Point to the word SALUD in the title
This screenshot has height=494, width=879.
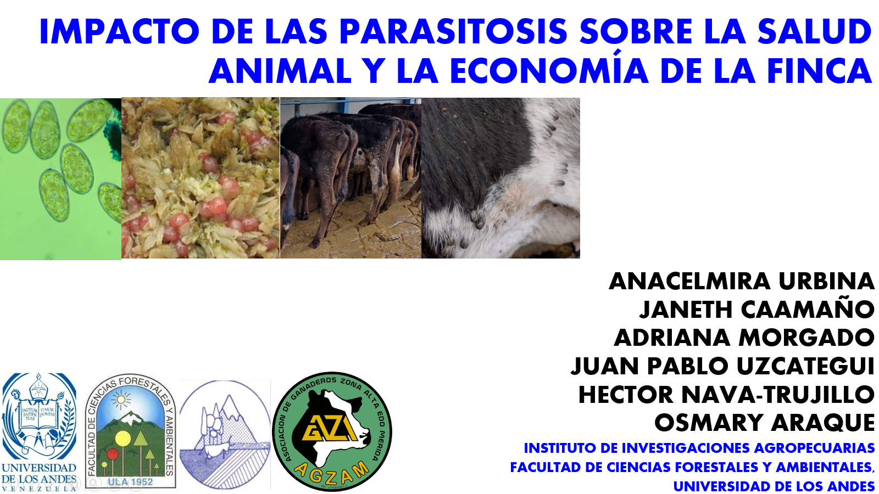tap(814, 31)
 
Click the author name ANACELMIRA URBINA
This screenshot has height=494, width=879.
tap(742, 281)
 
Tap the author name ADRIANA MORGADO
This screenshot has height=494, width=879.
tap(744, 338)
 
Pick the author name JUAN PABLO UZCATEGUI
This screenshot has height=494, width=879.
tap(722, 366)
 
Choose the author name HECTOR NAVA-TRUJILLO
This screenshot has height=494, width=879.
tap(726, 394)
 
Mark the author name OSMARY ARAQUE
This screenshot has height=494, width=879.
tap(764, 423)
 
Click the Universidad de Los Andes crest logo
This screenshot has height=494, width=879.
tap(39, 431)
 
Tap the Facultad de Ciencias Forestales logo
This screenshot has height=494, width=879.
tap(130, 431)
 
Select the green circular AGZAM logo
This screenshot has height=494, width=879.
tap(332, 431)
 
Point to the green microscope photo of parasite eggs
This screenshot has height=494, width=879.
tap(60, 179)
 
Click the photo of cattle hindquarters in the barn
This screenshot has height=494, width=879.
tap(351, 178)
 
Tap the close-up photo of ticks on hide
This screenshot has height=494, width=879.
tap(500, 178)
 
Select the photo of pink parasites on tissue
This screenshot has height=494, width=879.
tap(201, 178)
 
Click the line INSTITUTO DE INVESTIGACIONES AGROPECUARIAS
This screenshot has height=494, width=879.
tap(699, 448)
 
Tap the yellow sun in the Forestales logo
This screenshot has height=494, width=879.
tap(120, 400)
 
